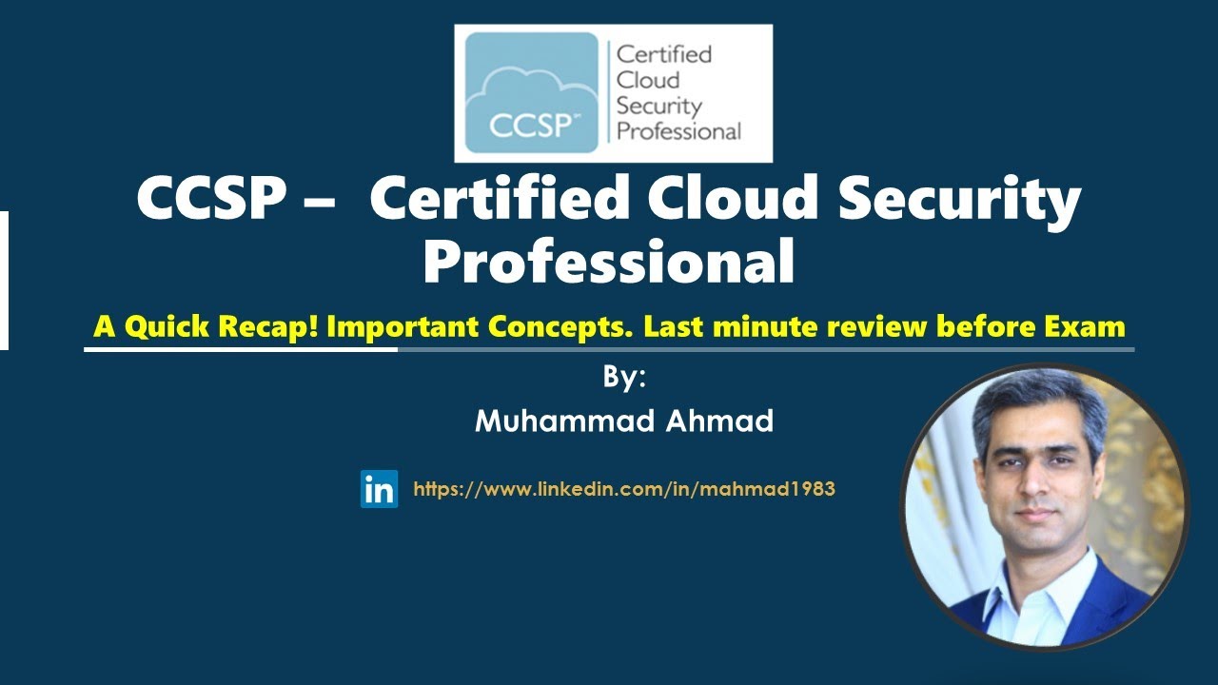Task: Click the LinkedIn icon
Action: pyautogui.click(x=379, y=489)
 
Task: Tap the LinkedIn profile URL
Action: pyautogui.click(x=623, y=490)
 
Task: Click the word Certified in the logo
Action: pyautogui.click(x=664, y=53)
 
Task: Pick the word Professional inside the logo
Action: pyautogui.click(x=678, y=131)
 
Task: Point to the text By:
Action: pyautogui.click(x=624, y=378)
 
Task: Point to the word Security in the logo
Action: pyautogui.click(x=658, y=106)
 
